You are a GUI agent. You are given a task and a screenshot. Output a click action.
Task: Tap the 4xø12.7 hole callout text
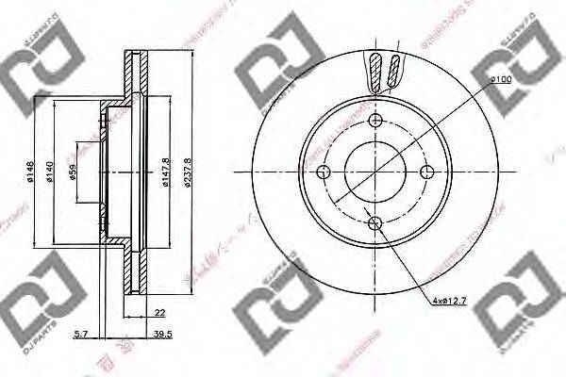(x=451, y=301)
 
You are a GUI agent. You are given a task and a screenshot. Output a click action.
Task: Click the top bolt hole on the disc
(x=375, y=120)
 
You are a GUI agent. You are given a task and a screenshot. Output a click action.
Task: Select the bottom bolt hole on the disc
(x=375, y=222)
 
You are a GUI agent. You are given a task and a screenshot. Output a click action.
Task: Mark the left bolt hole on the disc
(x=324, y=172)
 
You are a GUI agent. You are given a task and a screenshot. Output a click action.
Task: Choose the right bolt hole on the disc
(x=426, y=172)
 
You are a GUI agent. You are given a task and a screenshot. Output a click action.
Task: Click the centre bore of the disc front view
(x=375, y=172)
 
